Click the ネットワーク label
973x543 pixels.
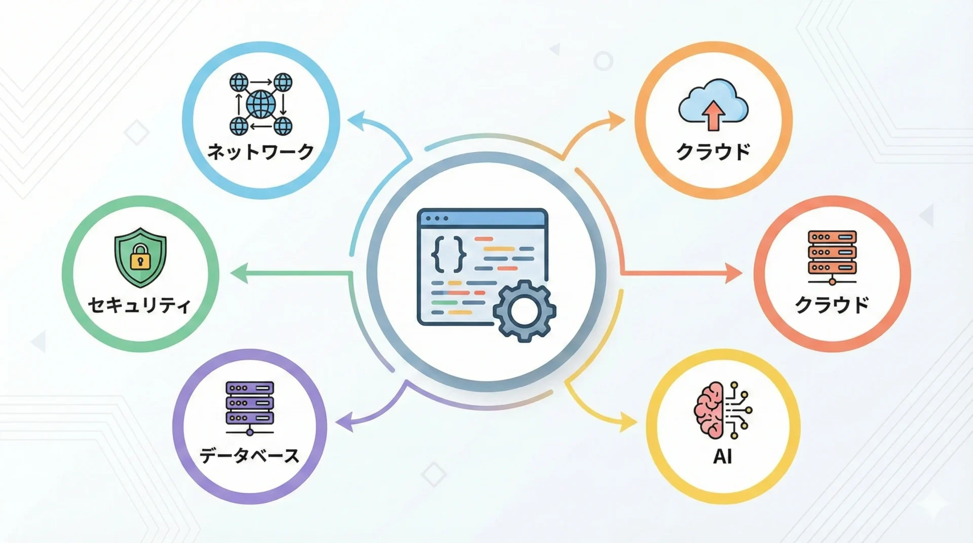pyautogui.click(x=260, y=151)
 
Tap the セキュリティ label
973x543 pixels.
pyautogui.click(x=139, y=305)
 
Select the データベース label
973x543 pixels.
pyautogui.click(x=249, y=455)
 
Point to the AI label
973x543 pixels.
pyautogui.click(x=722, y=456)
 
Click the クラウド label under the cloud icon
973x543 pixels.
pyautogui.click(x=713, y=151)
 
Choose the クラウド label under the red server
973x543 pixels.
pyautogui.click(x=832, y=305)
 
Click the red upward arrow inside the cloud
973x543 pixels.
pyautogui.click(x=714, y=114)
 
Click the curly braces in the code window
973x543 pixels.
pyautogui.click(x=448, y=254)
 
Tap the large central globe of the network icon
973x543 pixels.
pyautogui.click(x=260, y=104)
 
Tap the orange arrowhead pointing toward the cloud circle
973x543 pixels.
pyautogui.click(x=617, y=121)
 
